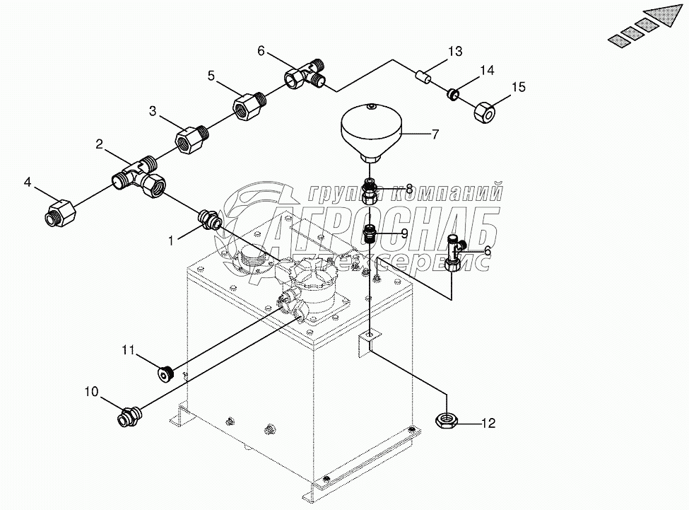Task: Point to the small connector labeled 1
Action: pos(211,220)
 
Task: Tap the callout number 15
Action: pos(519,87)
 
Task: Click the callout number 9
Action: pos(404,232)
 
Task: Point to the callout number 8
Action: pos(408,189)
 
